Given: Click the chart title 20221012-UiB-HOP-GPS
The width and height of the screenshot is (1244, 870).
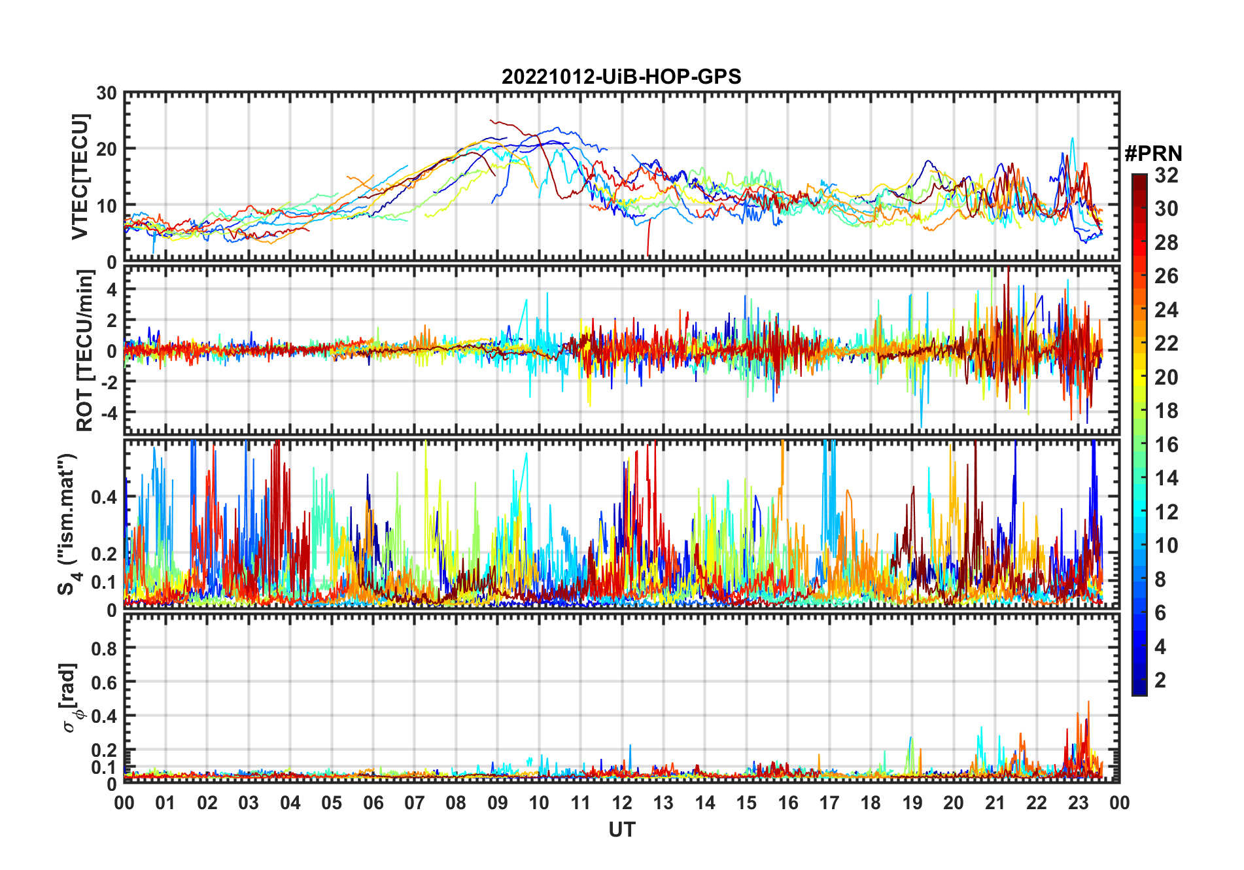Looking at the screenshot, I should pos(621,77).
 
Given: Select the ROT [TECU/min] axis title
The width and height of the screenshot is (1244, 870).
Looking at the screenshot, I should pos(84,351).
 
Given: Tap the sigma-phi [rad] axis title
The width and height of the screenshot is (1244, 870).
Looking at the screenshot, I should pos(72,698).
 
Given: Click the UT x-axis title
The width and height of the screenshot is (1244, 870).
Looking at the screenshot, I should pos(621,830).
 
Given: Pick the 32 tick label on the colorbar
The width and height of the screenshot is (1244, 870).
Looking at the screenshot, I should pos(1166,175).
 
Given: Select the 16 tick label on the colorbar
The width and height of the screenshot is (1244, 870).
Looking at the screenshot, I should pos(1166,445).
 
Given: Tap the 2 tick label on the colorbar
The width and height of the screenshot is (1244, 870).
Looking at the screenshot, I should pos(1160,680).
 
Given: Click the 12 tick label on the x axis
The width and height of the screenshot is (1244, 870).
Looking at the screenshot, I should pos(622,803).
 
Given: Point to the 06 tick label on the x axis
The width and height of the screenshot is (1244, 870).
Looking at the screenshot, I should pos(373,803).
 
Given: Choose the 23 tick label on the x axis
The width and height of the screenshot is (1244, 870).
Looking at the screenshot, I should pos(1078,803).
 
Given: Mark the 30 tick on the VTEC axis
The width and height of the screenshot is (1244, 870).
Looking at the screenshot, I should pos(107,94).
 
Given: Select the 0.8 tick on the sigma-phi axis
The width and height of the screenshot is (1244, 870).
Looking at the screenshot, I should pos(105,648).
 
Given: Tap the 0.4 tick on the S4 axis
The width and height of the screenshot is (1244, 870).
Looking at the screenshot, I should pos(105,497).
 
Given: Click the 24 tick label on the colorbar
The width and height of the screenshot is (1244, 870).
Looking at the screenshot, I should pos(1166,309).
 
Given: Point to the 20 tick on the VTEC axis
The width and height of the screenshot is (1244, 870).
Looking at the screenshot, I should pos(107,149).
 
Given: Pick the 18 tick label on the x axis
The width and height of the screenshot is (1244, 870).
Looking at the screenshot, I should pos(871,803).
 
